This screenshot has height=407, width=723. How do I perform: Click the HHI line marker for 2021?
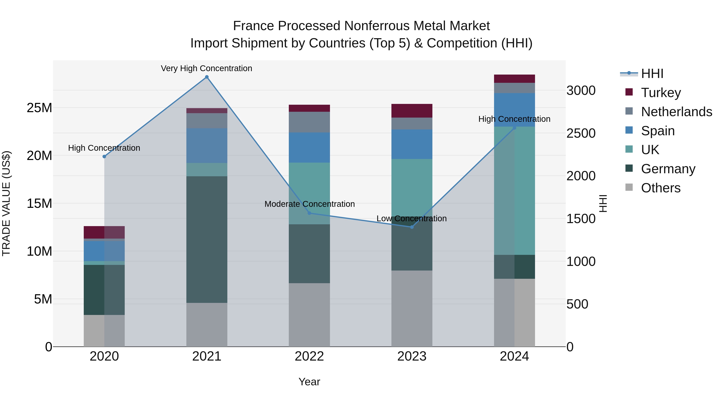coord(207,77)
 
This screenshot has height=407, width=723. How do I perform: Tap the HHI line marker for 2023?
coord(412,227)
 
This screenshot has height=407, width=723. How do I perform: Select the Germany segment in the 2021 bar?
coord(207,239)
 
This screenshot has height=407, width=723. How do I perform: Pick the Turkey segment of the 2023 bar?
coord(412,111)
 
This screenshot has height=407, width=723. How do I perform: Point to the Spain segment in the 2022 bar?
coord(309,148)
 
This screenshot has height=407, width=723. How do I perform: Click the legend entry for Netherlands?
coord(676,112)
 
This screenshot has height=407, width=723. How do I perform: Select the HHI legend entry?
coord(652,74)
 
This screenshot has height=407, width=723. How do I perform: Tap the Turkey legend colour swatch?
coord(629,92)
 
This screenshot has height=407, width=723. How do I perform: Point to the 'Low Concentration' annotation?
coord(412,218)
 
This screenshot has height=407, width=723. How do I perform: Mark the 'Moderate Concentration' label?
coord(309,204)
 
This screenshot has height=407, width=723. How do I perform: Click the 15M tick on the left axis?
coord(39,203)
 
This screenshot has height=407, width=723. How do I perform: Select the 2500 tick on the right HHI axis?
coord(581,133)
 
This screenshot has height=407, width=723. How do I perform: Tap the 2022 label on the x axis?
coord(309,356)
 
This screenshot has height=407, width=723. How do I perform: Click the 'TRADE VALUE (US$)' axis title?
coord(6,203)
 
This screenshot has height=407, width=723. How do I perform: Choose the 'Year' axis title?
coord(309,382)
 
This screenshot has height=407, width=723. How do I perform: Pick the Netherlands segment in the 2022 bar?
coord(309,122)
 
